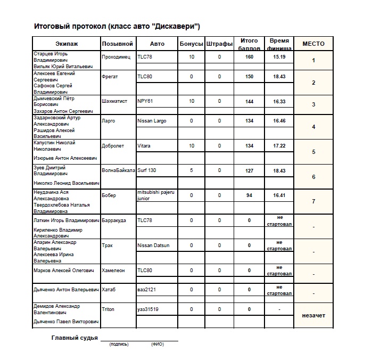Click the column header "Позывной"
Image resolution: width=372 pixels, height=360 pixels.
pyautogui.click(x=117, y=44)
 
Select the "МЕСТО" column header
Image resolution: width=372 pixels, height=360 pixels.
pyautogui.click(x=313, y=44)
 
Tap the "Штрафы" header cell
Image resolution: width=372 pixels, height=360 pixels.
pyautogui.click(x=219, y=44)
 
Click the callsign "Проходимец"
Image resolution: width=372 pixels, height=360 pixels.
pyautogui.click(x=115, y=56)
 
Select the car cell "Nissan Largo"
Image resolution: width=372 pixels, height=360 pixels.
pyautogui.click(x=152, y=121)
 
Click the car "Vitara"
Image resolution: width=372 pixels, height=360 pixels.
pyautogui.click(x=145, y=146)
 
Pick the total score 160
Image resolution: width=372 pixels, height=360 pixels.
pyautogui.click(x=249, y=56)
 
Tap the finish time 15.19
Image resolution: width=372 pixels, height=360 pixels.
pyautogui.click(x=279, y=56)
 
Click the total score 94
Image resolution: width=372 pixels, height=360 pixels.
pyautogui.click(x=249, y=195)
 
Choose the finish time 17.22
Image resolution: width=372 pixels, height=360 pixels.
pyautogui.click(x=279, y=146)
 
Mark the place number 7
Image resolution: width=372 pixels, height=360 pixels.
pyautogui.click(x=313, y=201)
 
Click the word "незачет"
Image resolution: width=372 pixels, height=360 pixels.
pyautogui.click(x=313, y=315)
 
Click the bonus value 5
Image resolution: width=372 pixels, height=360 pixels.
pyautogui.click(x=192, y=171)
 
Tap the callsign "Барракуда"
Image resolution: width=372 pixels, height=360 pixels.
pyautogui.click(x=114, y=220)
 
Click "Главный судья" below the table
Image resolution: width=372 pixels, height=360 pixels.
pyautogui.click(x=74, y=338)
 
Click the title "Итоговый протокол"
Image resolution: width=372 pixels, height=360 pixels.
pyautogui.click(x=70, y=26)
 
